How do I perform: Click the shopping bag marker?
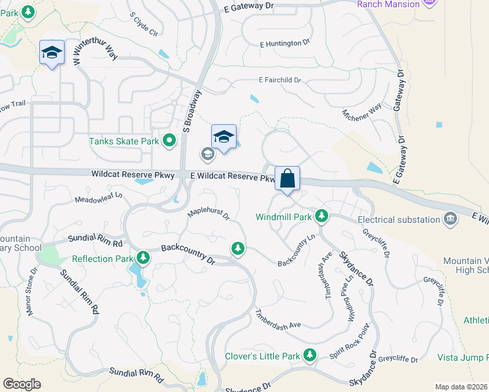[287, 178]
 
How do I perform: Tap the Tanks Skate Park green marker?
[169, 140]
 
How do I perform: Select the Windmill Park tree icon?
[321, 216]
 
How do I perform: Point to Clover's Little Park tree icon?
[309, 356]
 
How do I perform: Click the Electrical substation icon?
[450, 218]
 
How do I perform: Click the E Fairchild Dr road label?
[279, 80]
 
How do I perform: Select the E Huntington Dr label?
[284, 43]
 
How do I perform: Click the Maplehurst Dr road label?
[209, 214]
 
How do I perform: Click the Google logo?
[22, 384]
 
